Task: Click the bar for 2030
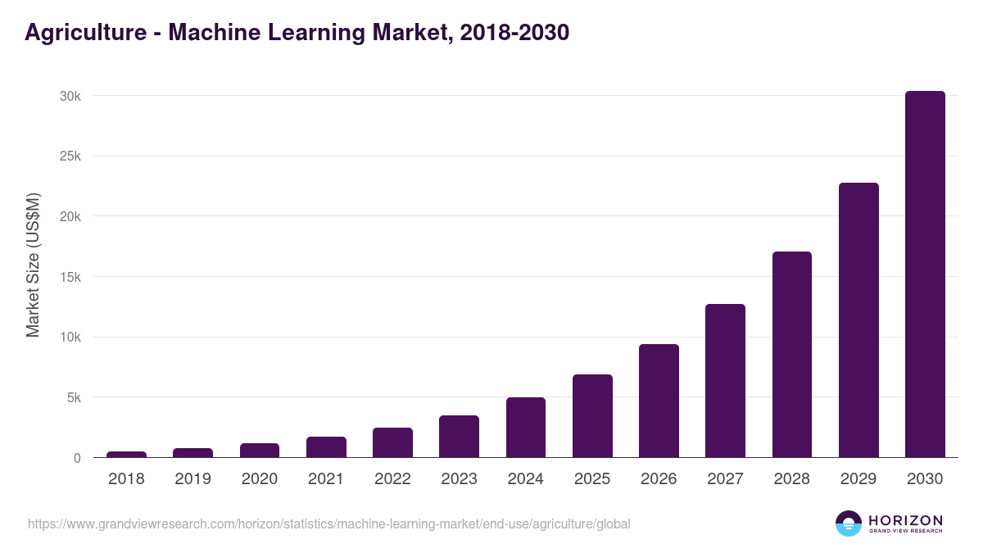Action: tap(925, 274)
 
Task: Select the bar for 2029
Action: tap(858, 320)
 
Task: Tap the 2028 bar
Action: tap(791, 355)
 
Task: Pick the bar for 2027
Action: tap(725, 381)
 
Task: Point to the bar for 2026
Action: tap(659, 401)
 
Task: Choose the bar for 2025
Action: tap(592, 416)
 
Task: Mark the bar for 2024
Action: tap(526, 428)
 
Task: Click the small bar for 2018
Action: tap(126, 454)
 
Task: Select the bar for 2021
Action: tap(326, 447)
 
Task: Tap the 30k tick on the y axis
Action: tap(70, 96)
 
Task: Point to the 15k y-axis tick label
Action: tap(70, 277)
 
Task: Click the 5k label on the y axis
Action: tap(74, 397)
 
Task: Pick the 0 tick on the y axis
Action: tap(77, 458)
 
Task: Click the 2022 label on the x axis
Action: tap(392, 479)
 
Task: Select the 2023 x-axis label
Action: tap(459, 479)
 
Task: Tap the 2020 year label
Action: tap(260, 479)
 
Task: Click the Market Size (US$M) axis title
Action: tap(33, 265)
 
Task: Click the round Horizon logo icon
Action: tap(849, 524)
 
